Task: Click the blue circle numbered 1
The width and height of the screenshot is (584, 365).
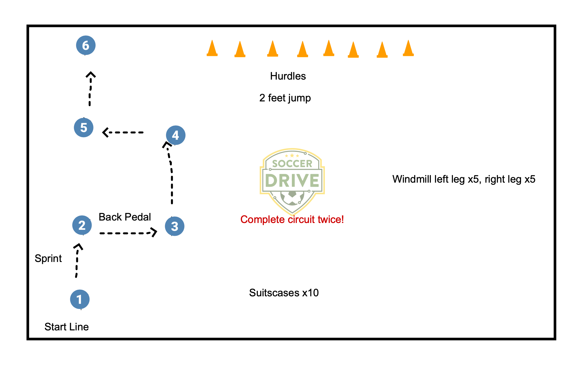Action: (x=80, y=299)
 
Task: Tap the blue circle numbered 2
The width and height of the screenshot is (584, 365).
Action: (x=82, y=225)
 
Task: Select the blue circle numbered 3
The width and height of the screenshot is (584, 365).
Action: (x=175, y=226)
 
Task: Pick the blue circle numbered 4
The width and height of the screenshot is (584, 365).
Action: (x=176, y=135)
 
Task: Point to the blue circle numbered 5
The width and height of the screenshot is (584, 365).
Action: (x=84, y=127)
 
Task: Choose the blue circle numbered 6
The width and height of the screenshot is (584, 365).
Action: (x=86, y=45)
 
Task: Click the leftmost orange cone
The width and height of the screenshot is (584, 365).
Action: (x=212, y=49)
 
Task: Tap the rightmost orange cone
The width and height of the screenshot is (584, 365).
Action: (x=408, y=49)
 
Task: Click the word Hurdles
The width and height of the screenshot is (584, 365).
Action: (x=288, y=76)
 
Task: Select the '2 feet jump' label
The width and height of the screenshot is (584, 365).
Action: (x=285, y=98)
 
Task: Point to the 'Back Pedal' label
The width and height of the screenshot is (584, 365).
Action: (x=125, y=217)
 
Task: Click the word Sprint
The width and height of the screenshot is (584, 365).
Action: (x=48, y=258)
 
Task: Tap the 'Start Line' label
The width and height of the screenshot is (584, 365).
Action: (x=66, y=327)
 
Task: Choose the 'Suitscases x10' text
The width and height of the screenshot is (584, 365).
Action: (x=284, y=293)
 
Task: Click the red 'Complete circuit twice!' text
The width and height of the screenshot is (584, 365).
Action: (x=292, y=219)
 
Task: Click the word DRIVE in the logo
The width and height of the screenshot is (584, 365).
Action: (x=292, y=180)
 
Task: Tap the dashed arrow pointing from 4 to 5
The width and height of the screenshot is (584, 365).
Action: (x=123, y=132)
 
